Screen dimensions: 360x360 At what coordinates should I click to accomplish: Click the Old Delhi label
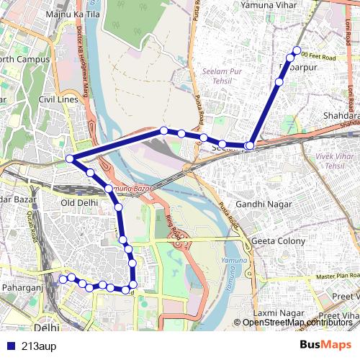point(78,202)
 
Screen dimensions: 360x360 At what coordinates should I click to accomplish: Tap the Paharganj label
point(23,288)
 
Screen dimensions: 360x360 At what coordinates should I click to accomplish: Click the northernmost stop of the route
point(295,50)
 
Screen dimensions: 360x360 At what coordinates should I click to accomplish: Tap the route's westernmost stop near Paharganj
point(63,279)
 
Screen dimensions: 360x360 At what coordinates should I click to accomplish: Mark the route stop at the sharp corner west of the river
point(70,158)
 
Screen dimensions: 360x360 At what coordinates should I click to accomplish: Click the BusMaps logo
point(320,345)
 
